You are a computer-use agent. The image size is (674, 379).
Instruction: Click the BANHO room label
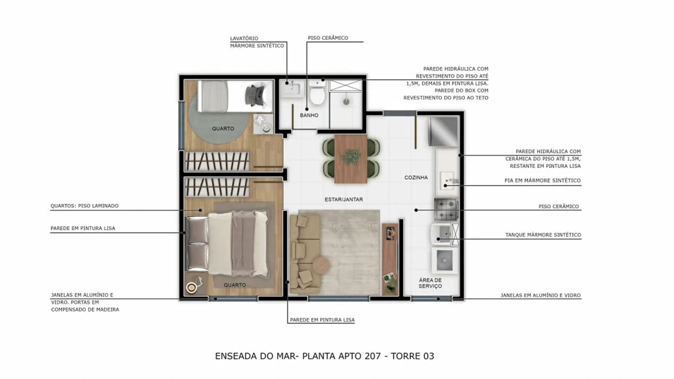[x=309, y=115]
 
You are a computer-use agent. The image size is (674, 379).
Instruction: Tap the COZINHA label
[x=416, y=178]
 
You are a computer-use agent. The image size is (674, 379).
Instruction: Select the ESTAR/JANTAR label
[x=344, y=199]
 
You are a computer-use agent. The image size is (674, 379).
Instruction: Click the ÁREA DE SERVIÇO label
[x=430, y=283]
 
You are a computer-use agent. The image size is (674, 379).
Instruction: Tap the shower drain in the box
[x=346, y=102]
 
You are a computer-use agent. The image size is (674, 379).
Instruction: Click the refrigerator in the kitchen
[x=444, y=131]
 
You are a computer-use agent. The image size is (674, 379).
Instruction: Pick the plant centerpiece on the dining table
[x=351, y=157]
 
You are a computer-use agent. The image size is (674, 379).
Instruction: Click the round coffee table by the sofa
[x=321, y=265]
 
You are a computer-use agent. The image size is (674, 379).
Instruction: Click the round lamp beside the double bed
[x=191, y=288]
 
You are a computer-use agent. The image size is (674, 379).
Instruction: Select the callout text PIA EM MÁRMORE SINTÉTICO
[x=542, y=180]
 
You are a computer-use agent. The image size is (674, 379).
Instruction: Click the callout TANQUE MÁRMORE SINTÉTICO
[x=543, y=235]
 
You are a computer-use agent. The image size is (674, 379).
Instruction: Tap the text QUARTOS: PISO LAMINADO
[x=85, y=206]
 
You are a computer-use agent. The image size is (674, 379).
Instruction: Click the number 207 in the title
[x=372, y=356]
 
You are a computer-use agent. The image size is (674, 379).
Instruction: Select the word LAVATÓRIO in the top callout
[x=244, y=38]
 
